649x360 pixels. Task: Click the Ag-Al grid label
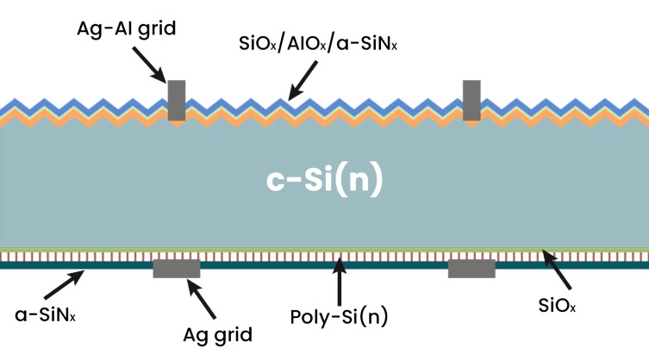tap(126, 29)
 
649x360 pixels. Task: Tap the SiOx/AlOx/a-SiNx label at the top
tap(318, 43)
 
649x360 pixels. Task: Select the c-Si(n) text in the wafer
tap(324, 180)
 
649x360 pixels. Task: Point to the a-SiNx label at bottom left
tap(45, 315)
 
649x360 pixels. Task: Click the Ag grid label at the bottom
tap(218, 335)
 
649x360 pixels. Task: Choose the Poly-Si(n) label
tap(339, 318)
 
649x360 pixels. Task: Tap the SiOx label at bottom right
tap(557, 306)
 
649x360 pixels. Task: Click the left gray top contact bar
tap(177, 100)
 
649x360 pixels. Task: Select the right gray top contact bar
tap(471, 100)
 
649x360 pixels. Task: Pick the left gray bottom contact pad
tap(177, 269)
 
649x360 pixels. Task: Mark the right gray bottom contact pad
tap(471, 269)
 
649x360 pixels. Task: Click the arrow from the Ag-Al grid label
tap(149, 65)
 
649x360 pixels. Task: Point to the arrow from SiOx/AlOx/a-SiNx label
tap(303, 81)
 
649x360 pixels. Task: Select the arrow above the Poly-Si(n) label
tap(340, 282)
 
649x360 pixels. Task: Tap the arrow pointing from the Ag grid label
tap(202, 299)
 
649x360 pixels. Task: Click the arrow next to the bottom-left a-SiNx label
tap(64, 285)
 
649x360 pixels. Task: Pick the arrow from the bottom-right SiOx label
tap(557, 270)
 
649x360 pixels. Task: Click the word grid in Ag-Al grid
tap(157, 30)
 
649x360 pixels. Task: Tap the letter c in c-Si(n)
tap(275, 182)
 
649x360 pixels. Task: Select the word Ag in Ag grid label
tap(195, 335)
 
